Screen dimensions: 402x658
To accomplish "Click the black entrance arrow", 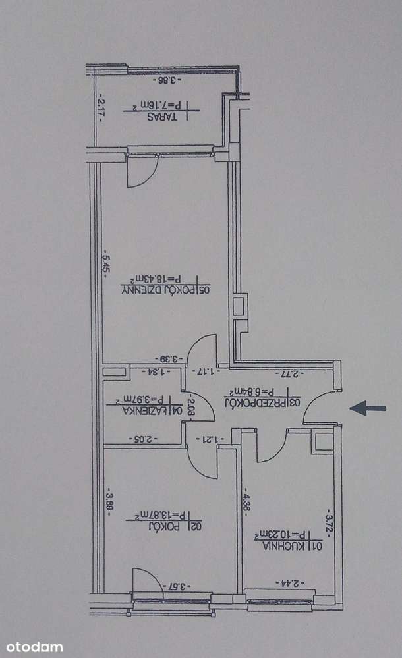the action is [367, 408].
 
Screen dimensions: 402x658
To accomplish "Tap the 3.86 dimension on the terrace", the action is [170, 81].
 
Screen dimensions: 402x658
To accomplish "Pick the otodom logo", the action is [32, 647].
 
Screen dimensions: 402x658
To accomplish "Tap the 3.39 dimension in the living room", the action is [170, 359].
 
